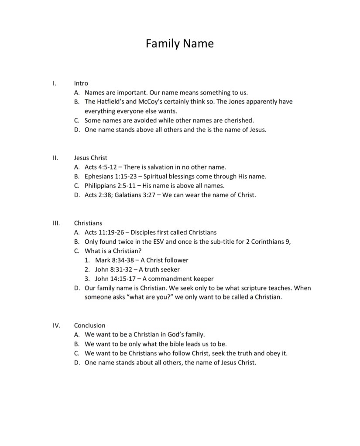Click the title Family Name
179,44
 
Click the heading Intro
81,83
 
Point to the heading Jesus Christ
90,158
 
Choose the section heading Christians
88,223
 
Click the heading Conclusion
89,325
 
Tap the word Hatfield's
110,102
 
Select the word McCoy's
151,102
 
